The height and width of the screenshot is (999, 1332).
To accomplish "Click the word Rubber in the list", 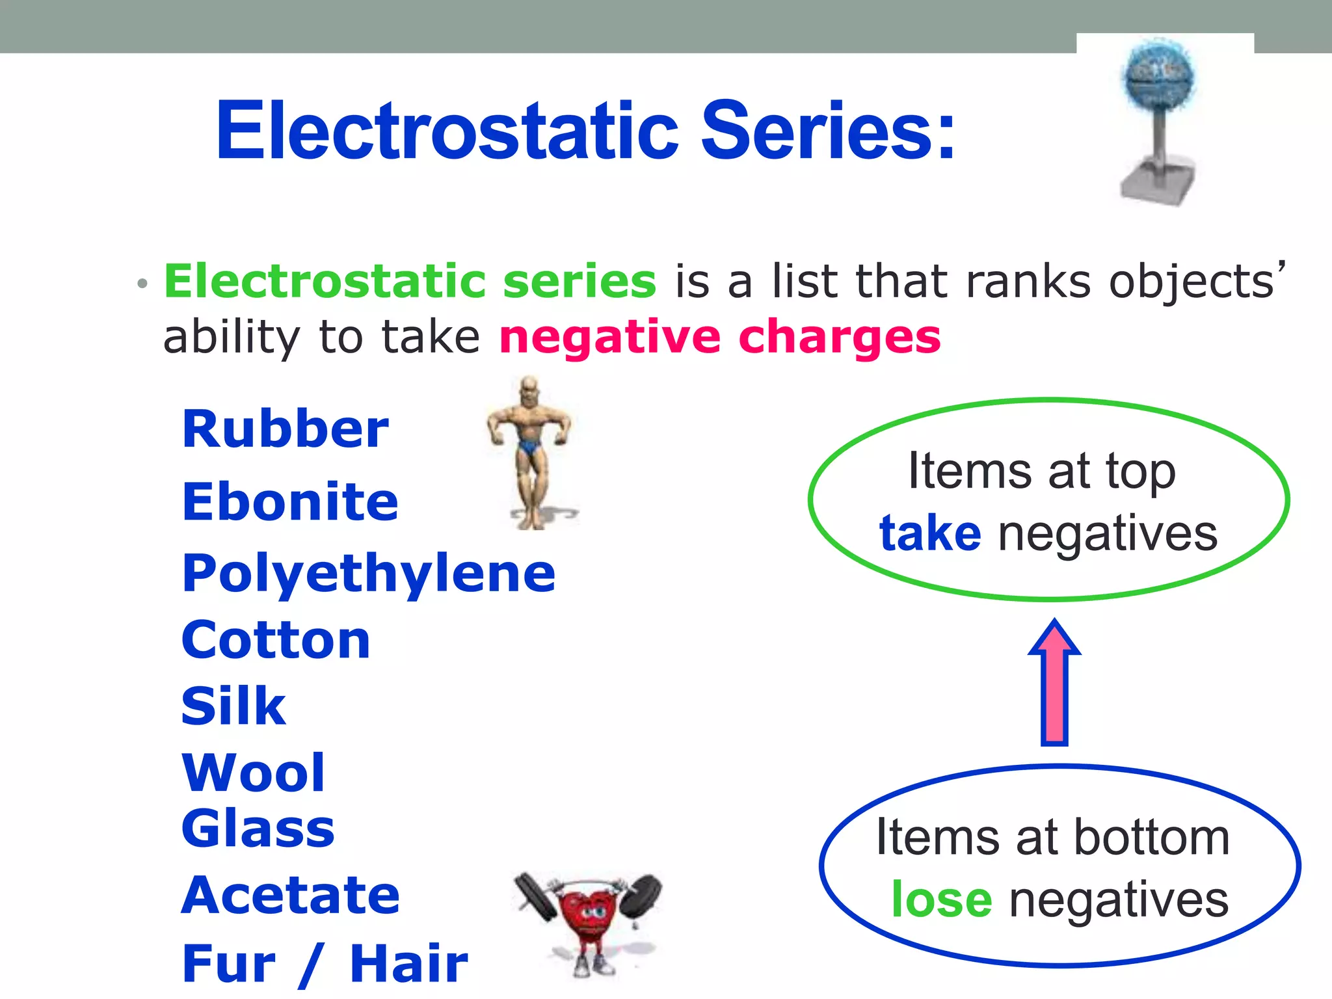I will coord(285,430).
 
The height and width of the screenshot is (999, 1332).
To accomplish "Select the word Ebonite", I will coord(290,502).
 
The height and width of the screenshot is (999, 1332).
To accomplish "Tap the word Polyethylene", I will coord(369,574).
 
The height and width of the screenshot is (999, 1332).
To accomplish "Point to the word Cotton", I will coord(276,640).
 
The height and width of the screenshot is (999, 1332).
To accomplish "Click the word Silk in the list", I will coord(233,706).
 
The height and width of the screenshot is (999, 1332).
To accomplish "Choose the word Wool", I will coord(253,773).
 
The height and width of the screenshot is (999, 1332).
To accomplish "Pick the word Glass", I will coord(258,829).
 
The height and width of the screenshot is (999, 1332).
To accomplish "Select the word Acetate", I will coord(290,896).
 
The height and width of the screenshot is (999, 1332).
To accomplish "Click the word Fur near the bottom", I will coord(229,964).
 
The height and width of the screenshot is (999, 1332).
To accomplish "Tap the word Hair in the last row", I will coord(408,964).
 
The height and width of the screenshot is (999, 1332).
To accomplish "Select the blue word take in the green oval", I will coord(929,533).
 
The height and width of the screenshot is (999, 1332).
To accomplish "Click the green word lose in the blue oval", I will coord(941,900).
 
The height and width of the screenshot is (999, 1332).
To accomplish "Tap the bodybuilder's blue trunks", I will coord(530,447).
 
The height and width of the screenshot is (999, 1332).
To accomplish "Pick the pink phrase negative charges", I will coord(720,338).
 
